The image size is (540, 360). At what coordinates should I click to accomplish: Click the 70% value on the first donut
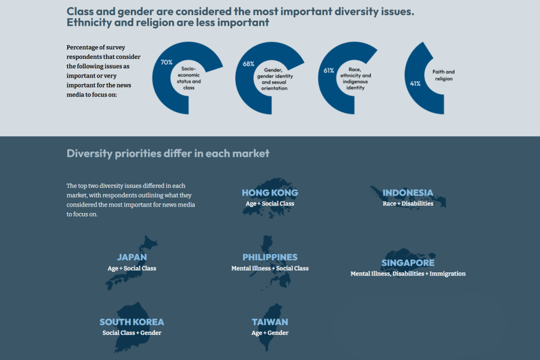point(166,62)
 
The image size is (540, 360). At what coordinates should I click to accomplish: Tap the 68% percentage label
point(248,64)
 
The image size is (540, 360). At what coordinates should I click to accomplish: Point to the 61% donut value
point(329,70)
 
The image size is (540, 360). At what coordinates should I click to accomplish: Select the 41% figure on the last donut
point(415,83)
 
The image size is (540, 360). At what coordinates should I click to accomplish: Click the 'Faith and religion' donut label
point(443,75)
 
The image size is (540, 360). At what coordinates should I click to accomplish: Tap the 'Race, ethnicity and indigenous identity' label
point(355,79)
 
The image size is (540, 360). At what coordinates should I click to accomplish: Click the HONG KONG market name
point(270,193)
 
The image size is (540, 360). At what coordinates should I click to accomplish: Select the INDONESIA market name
point(408,193)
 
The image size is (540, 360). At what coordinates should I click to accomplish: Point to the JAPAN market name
point(132,257)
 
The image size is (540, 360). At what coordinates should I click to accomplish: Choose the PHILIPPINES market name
point(270,257)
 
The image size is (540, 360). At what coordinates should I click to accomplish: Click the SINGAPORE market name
point(408,263)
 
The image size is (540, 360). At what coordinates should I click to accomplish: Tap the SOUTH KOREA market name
point(132,322)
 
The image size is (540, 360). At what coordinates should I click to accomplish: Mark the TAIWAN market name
point(270,322)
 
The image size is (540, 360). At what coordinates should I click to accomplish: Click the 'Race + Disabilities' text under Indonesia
point(408,203)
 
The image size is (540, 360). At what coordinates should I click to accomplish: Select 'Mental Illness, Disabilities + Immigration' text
point(408,274)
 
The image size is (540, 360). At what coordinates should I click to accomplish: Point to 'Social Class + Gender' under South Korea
point(132,333)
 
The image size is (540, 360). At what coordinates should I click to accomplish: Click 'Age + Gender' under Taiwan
point(270,333)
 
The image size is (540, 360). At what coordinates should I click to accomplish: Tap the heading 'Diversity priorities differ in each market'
point(168,153)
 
